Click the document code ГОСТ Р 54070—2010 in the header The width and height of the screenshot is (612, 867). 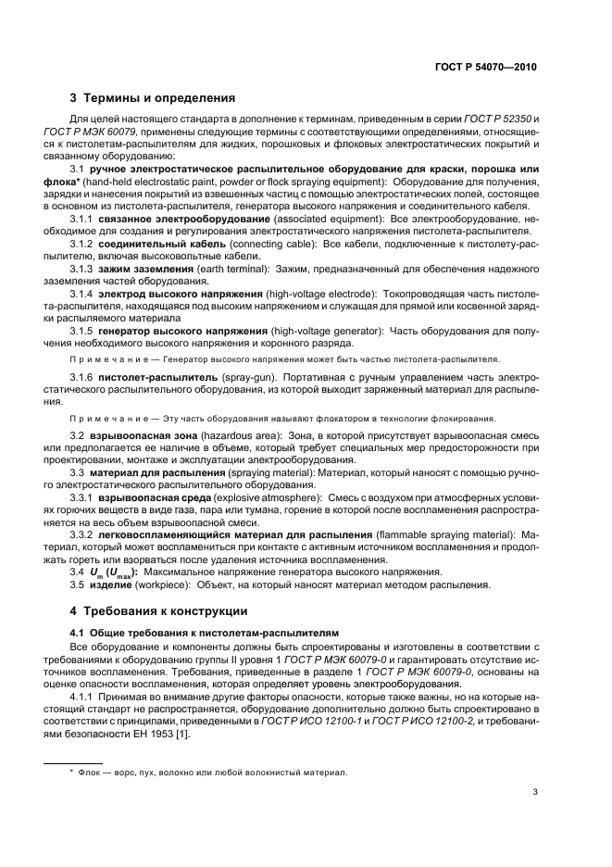[487, 68]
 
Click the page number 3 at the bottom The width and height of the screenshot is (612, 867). [535, 791]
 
